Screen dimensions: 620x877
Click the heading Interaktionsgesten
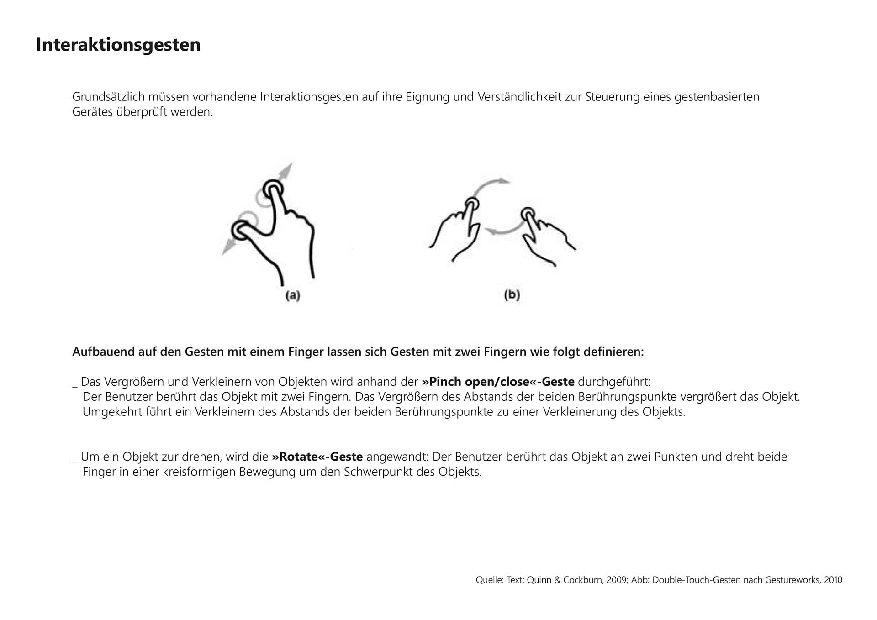pyautogui.click(x=118, y=45)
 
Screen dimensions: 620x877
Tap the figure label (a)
pyautogui.click(x=293, y=295)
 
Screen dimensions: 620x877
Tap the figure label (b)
pyautogui.click(x=512, y=295)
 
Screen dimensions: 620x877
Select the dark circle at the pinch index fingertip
pyautogui.click(x=273, y=189)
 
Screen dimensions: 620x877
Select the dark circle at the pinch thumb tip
pyautogui.click(x=241, y=230)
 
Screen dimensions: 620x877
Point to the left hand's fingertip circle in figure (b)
pyautogui.click(x=472, y=204)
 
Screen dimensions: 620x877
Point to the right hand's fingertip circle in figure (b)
pyautogui.click(x=528, y=214)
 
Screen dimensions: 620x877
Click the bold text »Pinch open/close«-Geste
pyautogui.click(x=498, y=382)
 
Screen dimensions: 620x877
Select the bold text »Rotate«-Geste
pyautogui.click(x=317, y=457)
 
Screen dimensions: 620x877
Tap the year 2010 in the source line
pyautogui.click(x=832, y=580)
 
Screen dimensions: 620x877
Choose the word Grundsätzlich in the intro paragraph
pyautogui.click(x=108, y=97)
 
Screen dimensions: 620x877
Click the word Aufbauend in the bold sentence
pyautogui.click(x=98, y=352)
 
